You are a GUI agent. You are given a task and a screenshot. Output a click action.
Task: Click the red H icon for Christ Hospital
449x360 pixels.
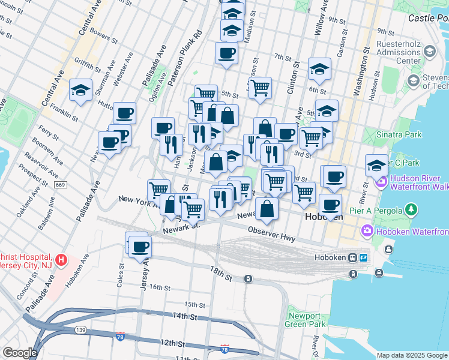tap(61, 260)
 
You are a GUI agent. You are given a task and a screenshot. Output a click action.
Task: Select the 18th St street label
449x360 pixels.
tap(220, 274)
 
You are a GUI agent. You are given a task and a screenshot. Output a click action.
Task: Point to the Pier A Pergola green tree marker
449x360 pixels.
tap(411, 209)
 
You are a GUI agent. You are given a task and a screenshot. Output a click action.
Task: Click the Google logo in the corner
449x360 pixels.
tap(19, 353)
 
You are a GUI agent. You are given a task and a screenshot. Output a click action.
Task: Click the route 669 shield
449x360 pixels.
tap(61, 184)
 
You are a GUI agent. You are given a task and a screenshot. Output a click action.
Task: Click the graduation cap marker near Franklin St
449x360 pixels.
tap(80, 90)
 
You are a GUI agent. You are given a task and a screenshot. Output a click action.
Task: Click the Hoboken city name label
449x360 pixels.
tap(324, 217)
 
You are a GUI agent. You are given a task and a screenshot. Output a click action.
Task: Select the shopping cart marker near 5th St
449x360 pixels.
tap(260, 88)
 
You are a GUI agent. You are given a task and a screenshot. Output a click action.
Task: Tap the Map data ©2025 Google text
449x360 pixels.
tap(412, 355)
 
